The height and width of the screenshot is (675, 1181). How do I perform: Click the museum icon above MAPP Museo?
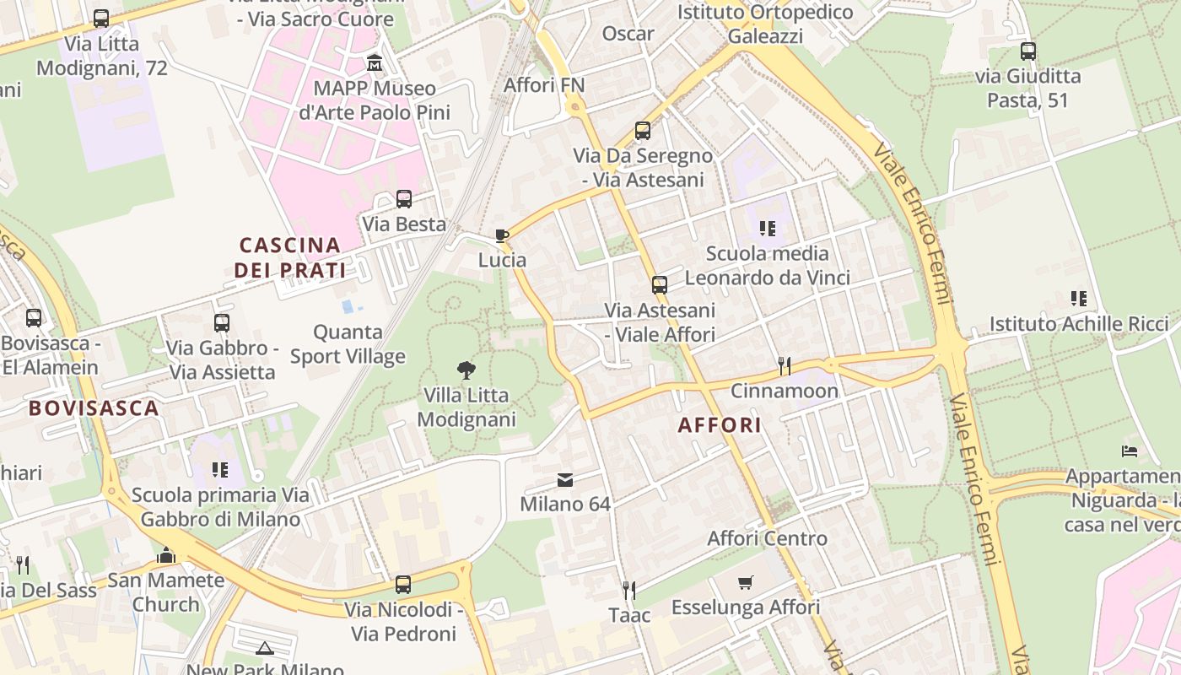coord(375,62)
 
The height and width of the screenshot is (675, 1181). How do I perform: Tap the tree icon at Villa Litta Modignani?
coord(465,369)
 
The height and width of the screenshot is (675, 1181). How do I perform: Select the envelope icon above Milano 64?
coord(565,480)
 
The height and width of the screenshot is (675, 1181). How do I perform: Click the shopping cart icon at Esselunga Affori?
coord(745,582)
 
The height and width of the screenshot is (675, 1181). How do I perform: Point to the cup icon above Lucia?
coord(502,235)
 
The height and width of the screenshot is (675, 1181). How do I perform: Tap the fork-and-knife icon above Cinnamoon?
coord(785,365)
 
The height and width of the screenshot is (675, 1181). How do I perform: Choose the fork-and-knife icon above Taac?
coord(629,589)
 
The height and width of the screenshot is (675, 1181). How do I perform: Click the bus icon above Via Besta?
coord(404,199)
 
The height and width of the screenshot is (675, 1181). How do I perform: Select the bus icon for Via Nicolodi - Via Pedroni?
coord(403,584)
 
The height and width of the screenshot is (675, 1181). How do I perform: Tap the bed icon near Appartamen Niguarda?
coord(1130,451)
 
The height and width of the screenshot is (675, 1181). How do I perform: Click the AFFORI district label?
coord(720,425)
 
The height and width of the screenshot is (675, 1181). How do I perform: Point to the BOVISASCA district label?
coord(94,408)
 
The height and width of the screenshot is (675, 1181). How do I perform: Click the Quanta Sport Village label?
coord(348,344)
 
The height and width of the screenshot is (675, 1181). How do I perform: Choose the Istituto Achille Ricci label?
coord(1079,324)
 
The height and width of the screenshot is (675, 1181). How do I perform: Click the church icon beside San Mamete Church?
coord(166,556)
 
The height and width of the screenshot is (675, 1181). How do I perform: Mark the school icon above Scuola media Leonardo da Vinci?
coord(767,228)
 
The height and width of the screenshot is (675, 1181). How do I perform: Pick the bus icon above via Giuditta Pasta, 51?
coord(1027,51)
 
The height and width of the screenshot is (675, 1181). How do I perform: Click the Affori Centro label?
coord(767,538)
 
